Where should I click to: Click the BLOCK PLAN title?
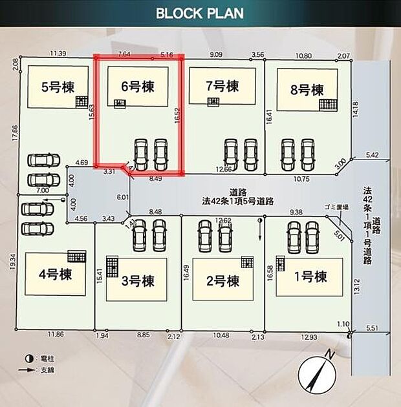199,14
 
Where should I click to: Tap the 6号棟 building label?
138,87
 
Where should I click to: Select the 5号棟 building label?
58,86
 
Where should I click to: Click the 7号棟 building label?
222,85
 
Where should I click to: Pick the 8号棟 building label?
307,90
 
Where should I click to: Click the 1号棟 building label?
310,277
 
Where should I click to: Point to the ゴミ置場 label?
336,208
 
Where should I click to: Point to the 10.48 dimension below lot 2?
221,336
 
